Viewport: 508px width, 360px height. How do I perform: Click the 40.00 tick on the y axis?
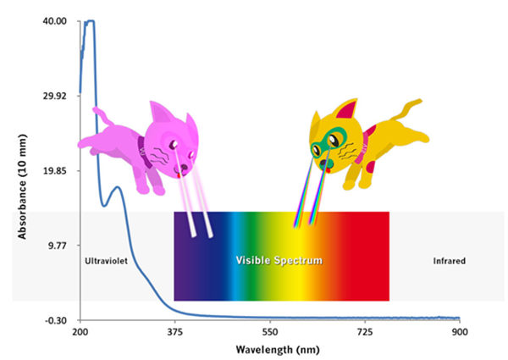(x=55, y=21)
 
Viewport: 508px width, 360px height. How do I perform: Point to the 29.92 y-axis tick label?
(x=55, y=96)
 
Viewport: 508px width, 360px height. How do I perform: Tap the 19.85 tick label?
(x=55, y=170)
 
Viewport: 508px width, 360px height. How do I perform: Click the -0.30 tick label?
(x=56, y=320)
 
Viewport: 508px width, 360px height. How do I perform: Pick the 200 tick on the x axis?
(x=80, y=333)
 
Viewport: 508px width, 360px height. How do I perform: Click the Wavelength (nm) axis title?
(x=270, y=349)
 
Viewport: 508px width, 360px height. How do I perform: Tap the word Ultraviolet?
(x=106, y=261)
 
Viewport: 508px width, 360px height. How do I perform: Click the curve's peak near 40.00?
(x=91, y=22)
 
